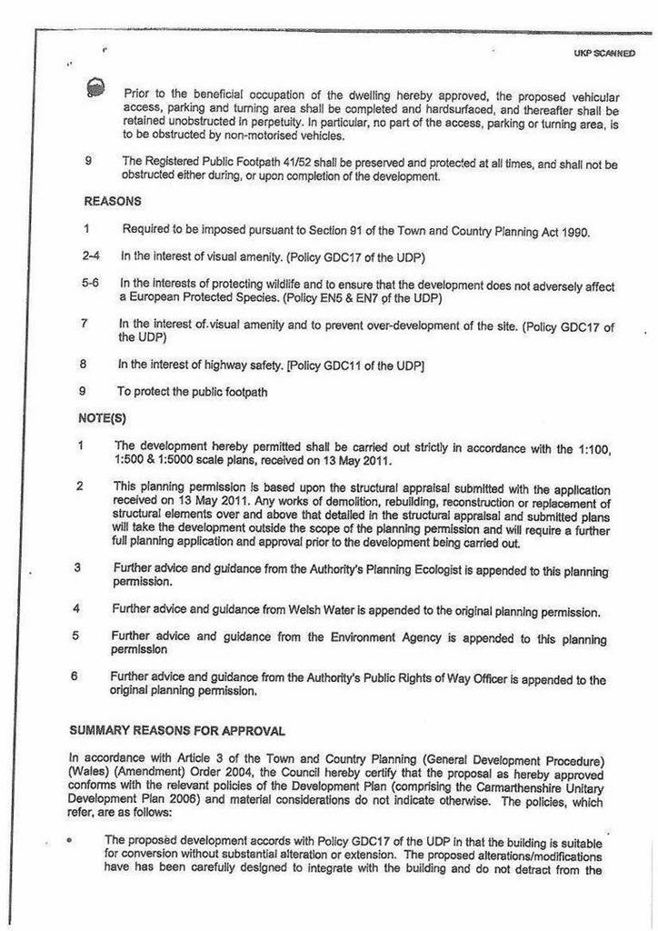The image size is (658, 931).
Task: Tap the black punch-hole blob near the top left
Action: tap(95, 87)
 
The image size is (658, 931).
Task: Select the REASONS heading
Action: tap(113, 201)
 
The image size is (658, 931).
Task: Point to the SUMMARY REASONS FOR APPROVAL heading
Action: tap(177, 731)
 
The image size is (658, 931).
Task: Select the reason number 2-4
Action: tap(90, 257)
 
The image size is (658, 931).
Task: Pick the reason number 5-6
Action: tap(89, 285)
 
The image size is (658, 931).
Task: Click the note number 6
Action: tap(75, 677)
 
